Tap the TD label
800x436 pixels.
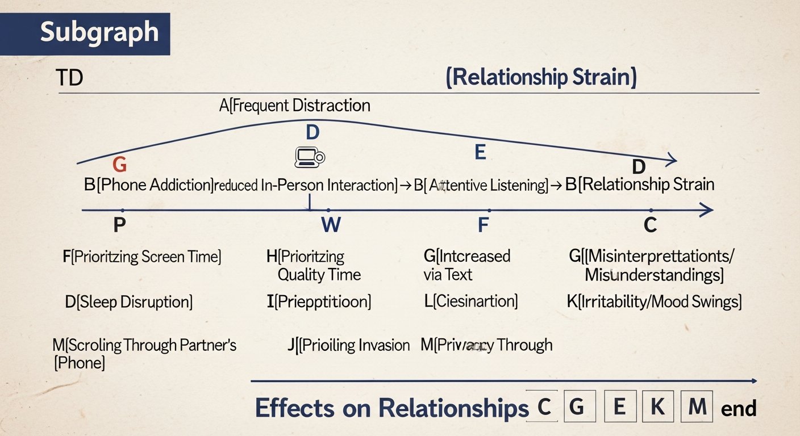coord(69,78)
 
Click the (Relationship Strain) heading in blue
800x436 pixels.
coord(541,77)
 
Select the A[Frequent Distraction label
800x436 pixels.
coord(295,105)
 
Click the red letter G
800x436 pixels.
coord(119,165)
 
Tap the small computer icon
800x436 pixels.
coord(309,157)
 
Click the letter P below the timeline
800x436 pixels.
coord(119,225)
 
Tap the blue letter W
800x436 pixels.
coord(331,225)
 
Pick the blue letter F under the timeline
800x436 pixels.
coord(483,225)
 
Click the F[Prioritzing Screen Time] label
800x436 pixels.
coord(142,257)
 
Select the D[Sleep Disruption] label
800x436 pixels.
coord(129,301)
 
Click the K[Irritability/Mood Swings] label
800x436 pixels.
coord(654,301)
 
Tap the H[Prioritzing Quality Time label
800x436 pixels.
coord(314,266)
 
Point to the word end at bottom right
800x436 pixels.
coord(739,409)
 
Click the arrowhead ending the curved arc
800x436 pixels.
coord(673,160)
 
